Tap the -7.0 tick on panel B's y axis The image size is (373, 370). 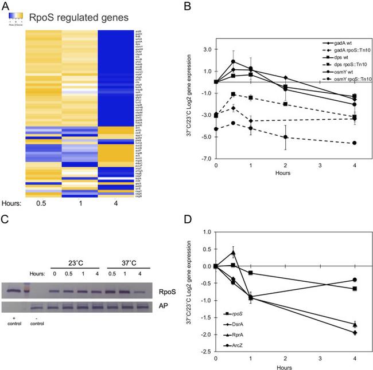point(206,158)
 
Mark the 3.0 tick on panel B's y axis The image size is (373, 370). point(207,49)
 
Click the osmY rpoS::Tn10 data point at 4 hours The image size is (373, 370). point(355,143)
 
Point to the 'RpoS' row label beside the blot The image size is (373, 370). point(163,290)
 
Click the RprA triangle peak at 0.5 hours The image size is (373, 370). point(234,253)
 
